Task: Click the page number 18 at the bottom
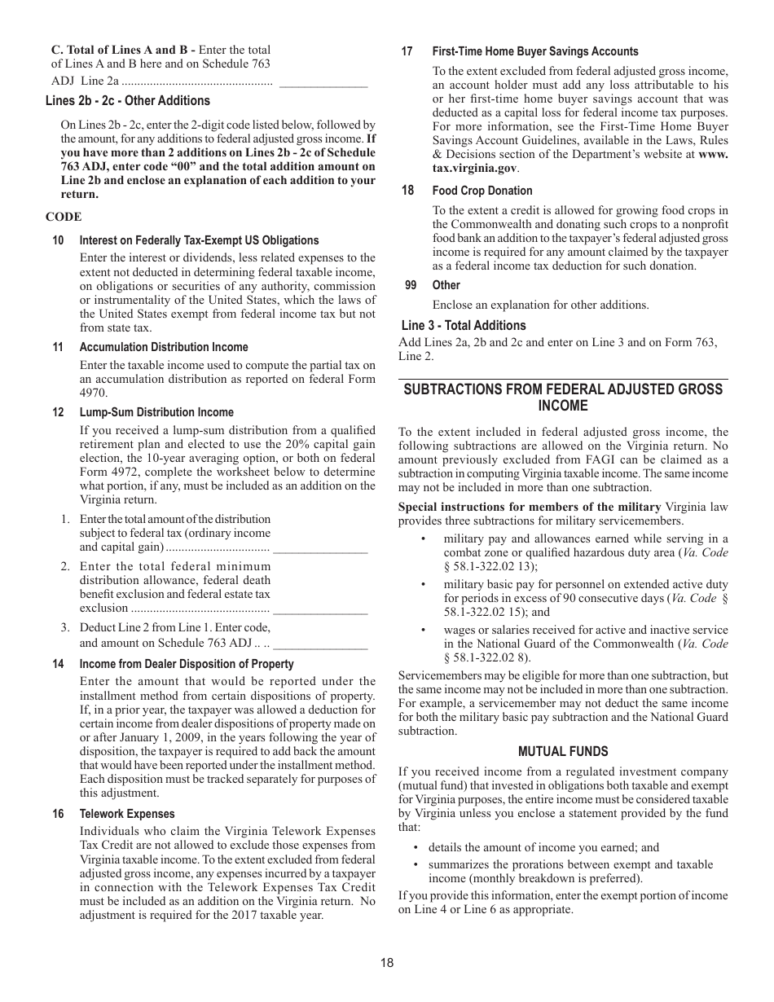click(x=386, y=962)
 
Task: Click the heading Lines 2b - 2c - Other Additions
click(x=127, y=101)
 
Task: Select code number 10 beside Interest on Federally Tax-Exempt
click(x=58, y=240)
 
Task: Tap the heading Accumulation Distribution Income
click(x=163, y=347)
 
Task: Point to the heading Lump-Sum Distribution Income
click(x=156, y=412)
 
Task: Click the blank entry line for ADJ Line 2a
click(x=323, y=83)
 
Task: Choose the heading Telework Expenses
click(x=126, y=814)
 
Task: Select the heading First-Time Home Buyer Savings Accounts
click(x=534, y=51)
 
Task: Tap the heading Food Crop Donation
click(x=482, y=191)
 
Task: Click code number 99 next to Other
click(x=411, y=285)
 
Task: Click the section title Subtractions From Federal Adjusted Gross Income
click(x=563, y=398)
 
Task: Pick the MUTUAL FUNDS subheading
click(x=563, y=751)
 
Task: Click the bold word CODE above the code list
click(x=64, y=217)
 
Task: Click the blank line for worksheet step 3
click(x=320, y=645)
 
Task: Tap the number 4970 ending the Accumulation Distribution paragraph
click(x=93, y=393)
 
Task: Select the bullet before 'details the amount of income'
click(x=416, y=848)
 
